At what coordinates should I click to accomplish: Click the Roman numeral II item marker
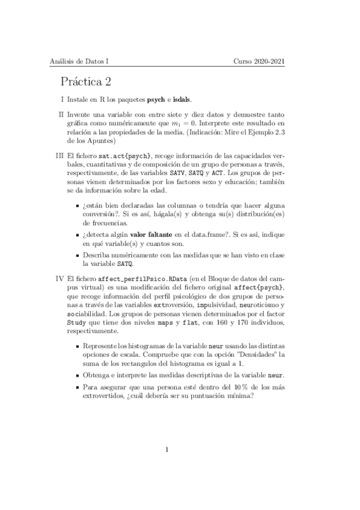61,114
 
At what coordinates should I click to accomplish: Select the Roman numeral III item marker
60,155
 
